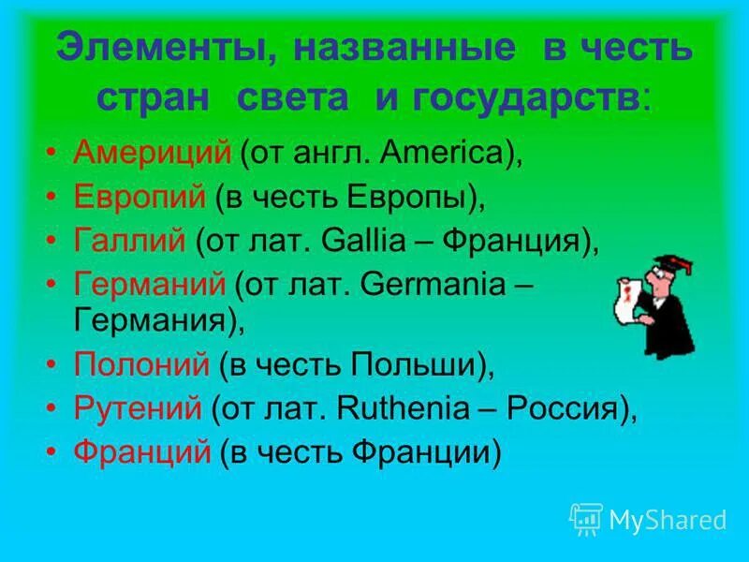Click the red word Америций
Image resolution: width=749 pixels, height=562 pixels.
152,153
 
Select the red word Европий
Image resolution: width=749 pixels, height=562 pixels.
139,197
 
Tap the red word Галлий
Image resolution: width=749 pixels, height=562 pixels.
130,242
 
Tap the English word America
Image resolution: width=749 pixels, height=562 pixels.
439,153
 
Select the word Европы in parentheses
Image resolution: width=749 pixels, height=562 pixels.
413,197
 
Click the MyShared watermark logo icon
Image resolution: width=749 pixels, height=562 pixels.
586,518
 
